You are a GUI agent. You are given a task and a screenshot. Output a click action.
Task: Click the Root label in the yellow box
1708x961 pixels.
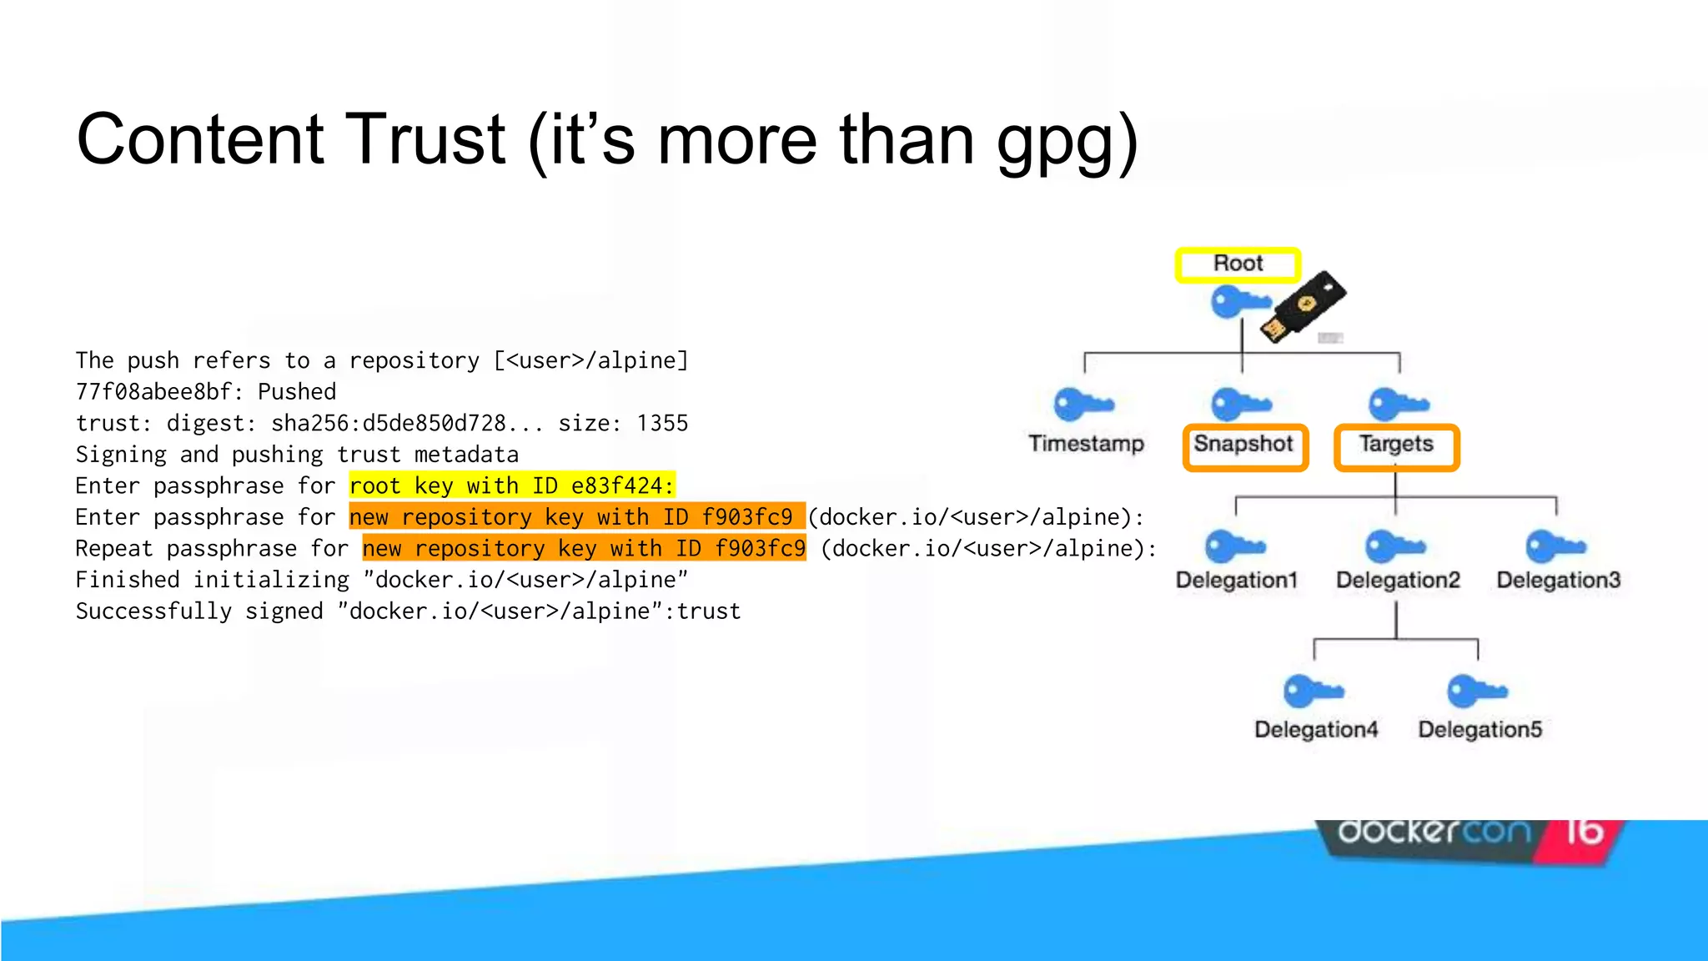[1238, 264]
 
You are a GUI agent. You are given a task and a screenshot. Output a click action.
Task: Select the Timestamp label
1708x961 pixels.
[1086, 443]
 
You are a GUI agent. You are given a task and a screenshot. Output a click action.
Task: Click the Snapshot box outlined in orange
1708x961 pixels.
[1244, 446]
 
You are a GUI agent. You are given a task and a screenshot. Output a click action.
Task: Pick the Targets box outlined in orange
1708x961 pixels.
[1397, 446]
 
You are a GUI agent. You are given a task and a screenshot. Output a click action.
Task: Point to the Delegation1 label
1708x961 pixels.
[1237, 580]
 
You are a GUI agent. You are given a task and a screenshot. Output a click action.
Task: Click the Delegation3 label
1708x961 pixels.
[1558, 580]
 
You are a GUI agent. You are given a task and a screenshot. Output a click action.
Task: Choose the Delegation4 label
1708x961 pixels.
[1316, 729]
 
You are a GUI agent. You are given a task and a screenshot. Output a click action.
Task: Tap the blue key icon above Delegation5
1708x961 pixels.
[1477, 692]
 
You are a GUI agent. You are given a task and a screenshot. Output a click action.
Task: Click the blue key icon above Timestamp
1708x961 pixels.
[1083, 405]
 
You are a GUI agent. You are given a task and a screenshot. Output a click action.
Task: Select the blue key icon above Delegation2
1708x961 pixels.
[1394, 547]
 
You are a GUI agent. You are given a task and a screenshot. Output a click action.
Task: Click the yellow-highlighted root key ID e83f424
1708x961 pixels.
[617, 486]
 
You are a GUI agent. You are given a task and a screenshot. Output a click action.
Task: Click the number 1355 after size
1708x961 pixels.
[662, 423]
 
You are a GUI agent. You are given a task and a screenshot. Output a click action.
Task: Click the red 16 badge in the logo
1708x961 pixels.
[1584, 832]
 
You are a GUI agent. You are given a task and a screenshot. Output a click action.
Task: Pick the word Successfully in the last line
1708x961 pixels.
[153, 611]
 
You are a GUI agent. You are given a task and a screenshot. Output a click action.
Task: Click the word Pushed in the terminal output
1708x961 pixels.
[297, 391]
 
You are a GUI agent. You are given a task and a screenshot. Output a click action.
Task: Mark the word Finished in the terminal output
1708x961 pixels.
[128, 579]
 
